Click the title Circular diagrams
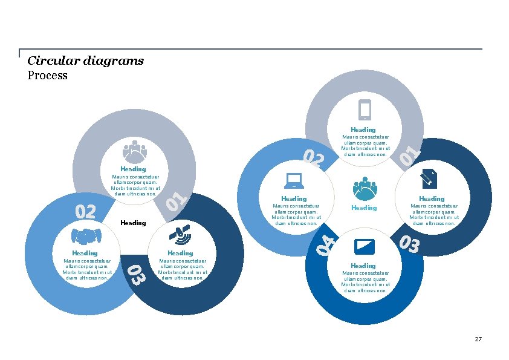pos(85,61)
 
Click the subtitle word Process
pos(47,76)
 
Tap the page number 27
pos(478,339)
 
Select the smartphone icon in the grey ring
pos(365,110)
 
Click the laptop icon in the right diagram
pos(294,180)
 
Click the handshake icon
pos(85,235)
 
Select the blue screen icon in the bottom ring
pos(364,247)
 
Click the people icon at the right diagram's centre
pos(365,188)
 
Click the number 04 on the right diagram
pos(327,244)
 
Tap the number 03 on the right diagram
pos(409,244)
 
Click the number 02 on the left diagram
pos(85,211)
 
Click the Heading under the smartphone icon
pos(363,129)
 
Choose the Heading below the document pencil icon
pos(432,198)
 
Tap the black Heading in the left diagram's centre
pos(133,223)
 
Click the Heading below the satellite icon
pos(180,253)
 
